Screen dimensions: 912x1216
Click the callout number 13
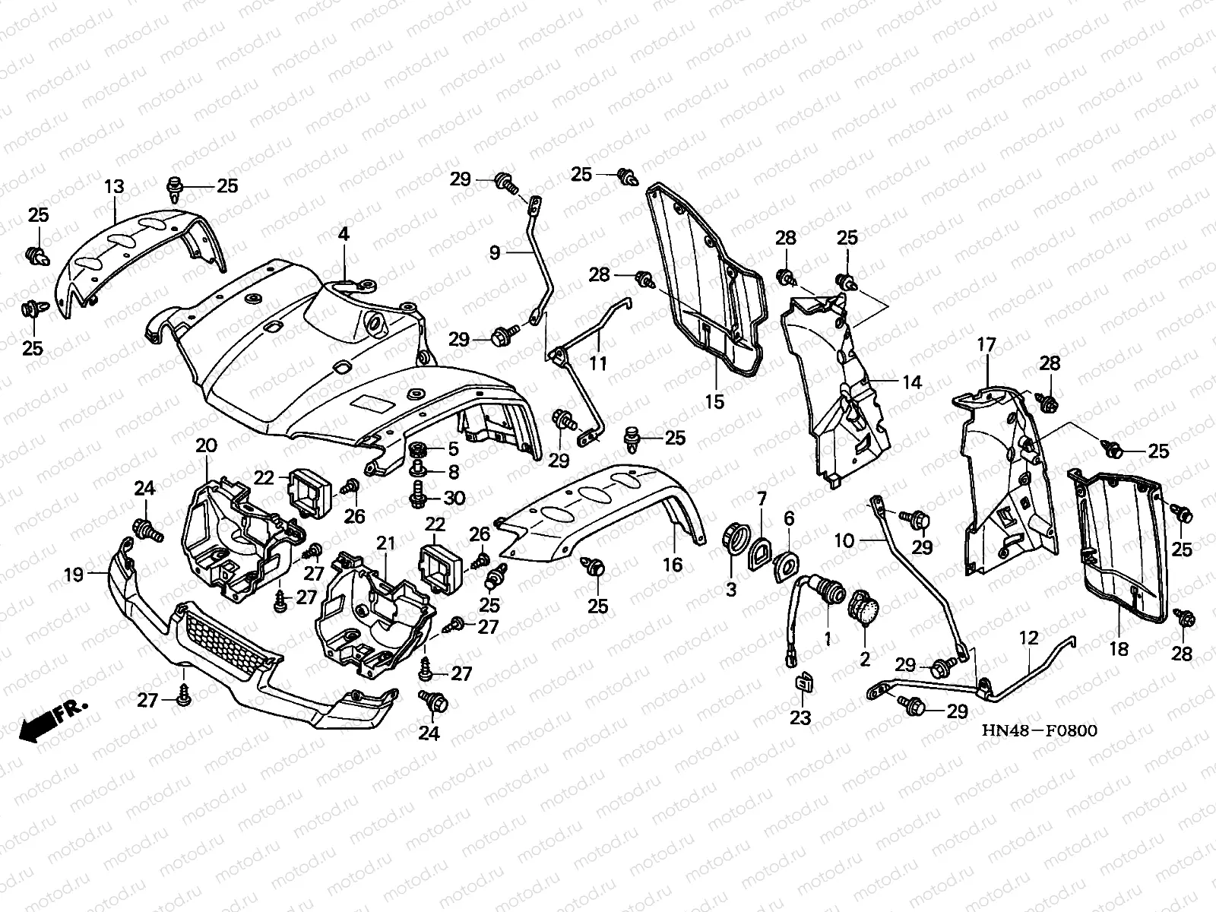(113, 187)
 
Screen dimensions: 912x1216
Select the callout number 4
(344, 235)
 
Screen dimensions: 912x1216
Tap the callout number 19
(73, 575)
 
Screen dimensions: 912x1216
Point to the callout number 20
(206, 445)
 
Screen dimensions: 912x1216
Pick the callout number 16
(673, 564)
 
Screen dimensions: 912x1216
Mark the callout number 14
(912, 382)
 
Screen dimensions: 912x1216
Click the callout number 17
(986, 345)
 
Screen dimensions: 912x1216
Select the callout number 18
(1119, 648)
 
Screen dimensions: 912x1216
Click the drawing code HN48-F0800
(1039, 731)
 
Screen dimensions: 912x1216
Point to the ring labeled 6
(786, 565)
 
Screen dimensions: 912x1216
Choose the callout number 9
(495, 252)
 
